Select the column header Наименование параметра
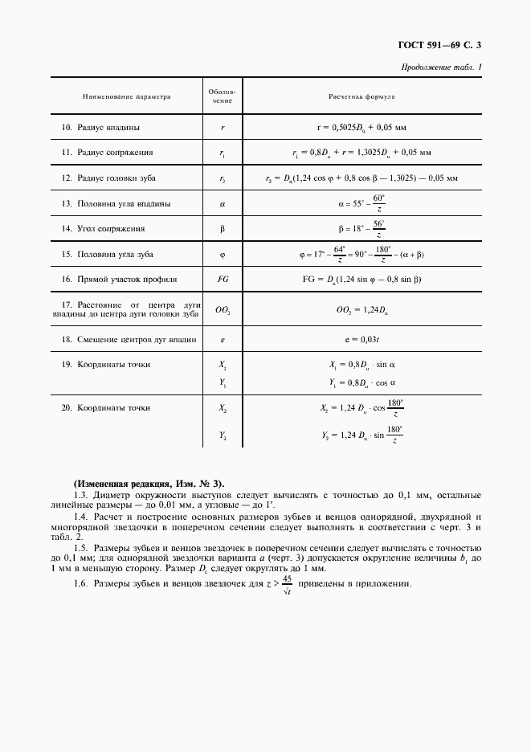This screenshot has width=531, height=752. tap(127, 96)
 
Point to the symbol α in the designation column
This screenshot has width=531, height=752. tap(222, 204)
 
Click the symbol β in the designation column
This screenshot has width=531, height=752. tap(222, 229)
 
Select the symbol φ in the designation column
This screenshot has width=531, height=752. tap(222, 255)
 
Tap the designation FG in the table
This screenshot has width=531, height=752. tap(222, 280)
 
